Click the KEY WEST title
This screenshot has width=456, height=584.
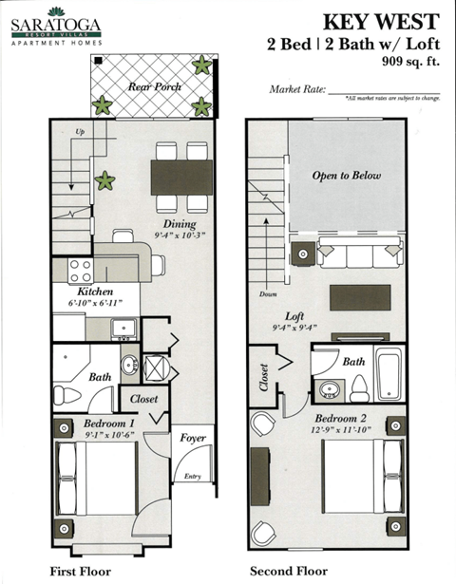tap(381, 22)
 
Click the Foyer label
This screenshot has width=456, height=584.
tap(194, 439)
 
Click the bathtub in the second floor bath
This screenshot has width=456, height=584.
tap(389, 374)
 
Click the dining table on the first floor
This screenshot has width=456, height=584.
tap(180, 177)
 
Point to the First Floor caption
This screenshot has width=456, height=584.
tap(81, 572)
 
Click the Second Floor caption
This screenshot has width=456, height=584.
tap(289, 572)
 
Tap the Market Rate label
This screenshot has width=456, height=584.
tap(297, 90)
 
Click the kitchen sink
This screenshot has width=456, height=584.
tap(123, 329)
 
